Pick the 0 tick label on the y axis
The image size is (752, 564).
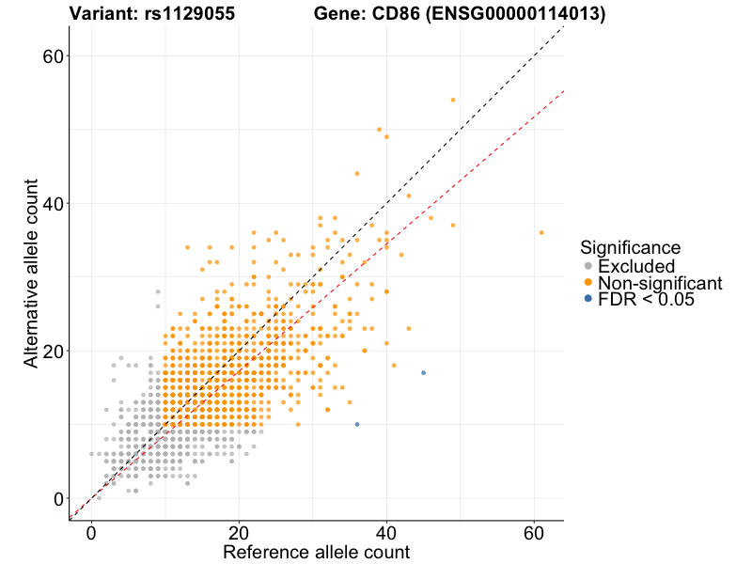57,499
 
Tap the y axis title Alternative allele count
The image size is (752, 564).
32,273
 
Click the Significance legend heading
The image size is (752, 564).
630,248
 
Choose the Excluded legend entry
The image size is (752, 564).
636,266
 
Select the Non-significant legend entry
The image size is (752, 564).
660,283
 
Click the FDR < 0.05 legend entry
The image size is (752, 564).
648,300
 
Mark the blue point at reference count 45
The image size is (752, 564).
423,373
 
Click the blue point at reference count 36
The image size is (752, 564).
357,425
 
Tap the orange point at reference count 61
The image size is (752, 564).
541,232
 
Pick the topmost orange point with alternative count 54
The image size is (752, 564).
453,100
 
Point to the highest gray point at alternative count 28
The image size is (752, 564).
158,291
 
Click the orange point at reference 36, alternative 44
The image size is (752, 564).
357,174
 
